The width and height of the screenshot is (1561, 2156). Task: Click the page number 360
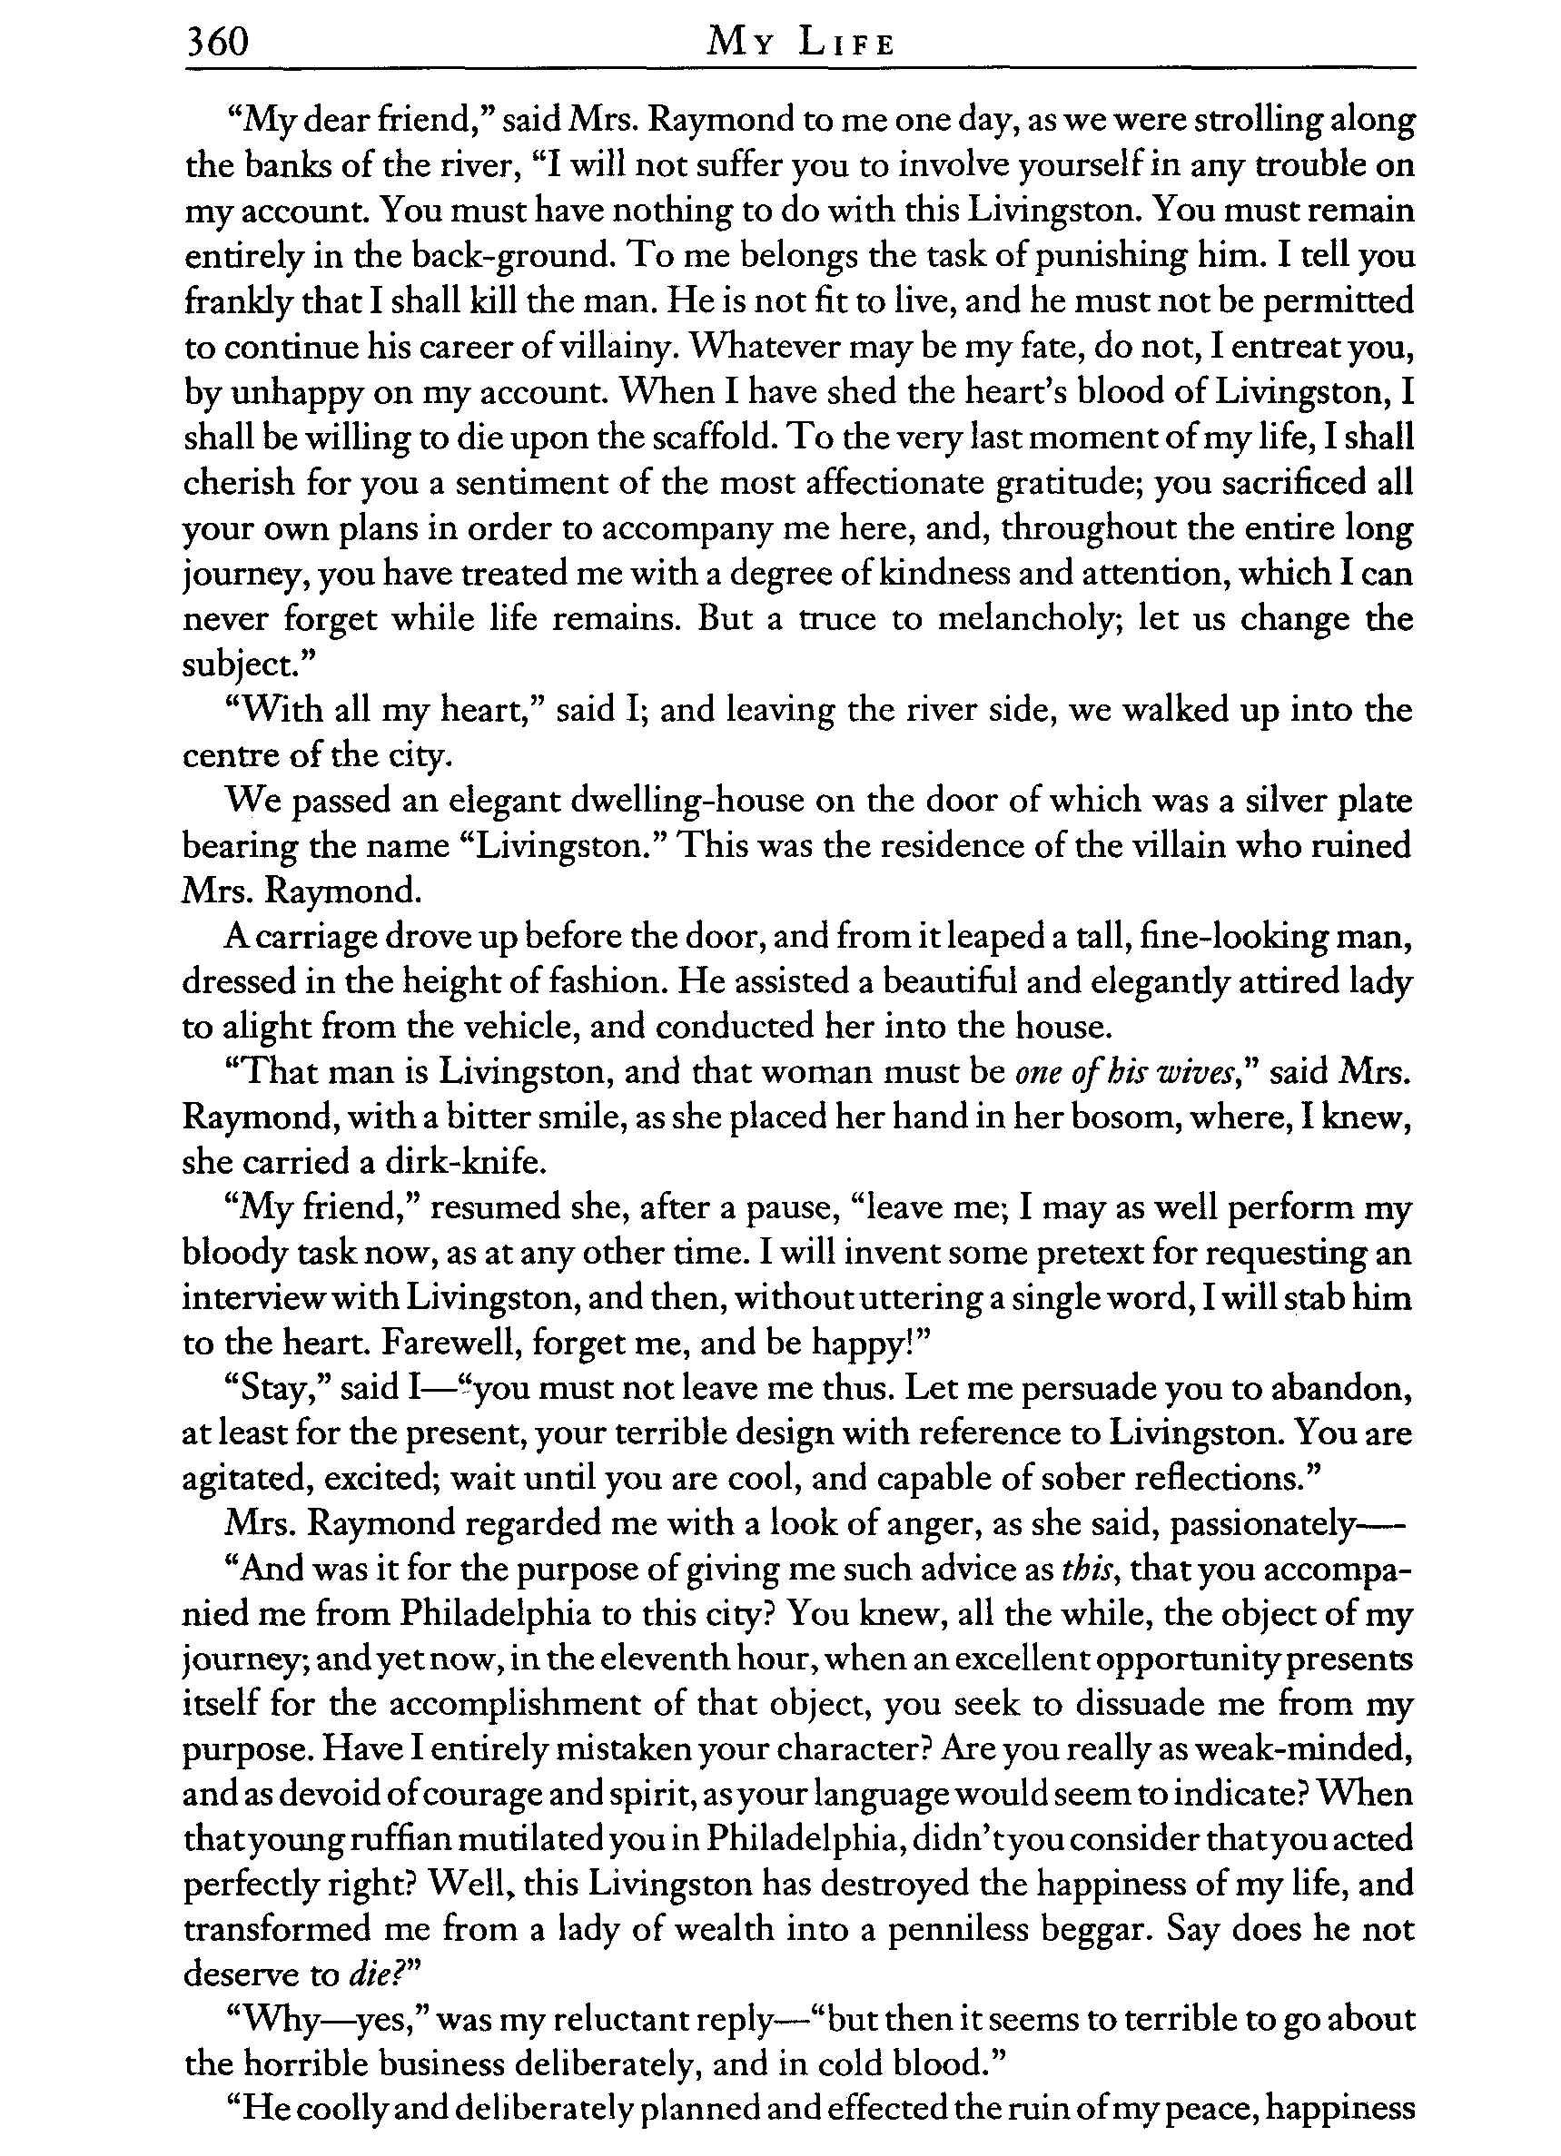click(x=217, y=43)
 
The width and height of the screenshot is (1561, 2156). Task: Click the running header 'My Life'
click(x=799, y=44)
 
